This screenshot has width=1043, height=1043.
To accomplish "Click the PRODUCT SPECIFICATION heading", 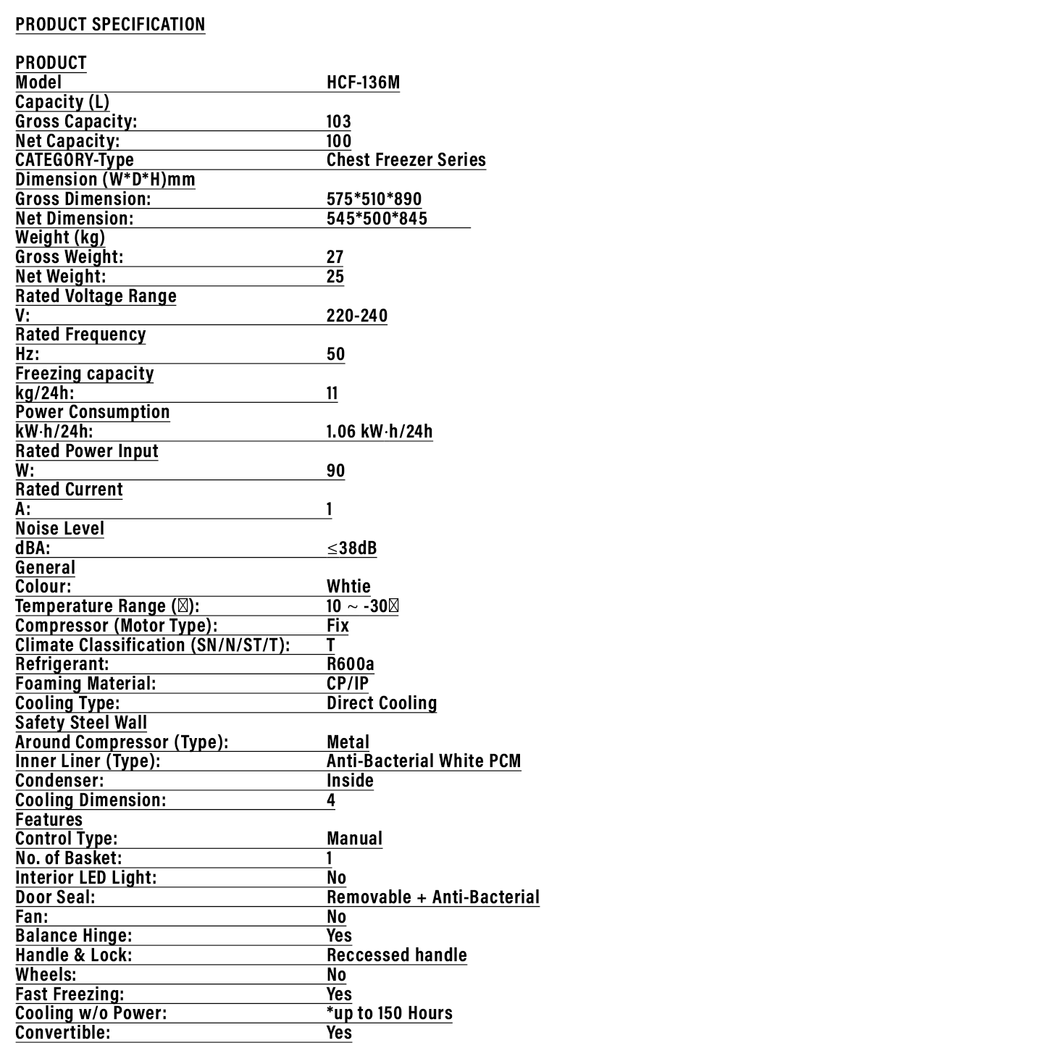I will (x=110, y=24).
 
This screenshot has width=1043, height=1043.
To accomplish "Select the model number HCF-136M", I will (x=363, y=82).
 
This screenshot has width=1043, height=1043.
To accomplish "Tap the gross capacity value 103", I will (x=338, y=121).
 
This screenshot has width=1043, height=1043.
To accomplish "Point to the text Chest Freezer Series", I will (x=406, y=159).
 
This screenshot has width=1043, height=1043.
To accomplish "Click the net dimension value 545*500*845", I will (x=377, y=218).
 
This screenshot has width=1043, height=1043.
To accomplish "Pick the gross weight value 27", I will (x=335, y=256).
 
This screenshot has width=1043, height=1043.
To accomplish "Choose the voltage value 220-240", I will (x=356, y=315).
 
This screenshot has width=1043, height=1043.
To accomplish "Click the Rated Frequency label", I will (x=80, y=334).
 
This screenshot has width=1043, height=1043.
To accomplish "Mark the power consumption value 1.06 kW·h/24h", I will (x=379, y=431).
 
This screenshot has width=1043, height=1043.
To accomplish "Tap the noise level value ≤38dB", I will (x=351, y=548).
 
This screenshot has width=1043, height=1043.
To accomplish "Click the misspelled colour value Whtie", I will (x=348, y=586).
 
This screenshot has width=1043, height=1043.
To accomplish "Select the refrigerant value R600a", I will (x=350, y=663).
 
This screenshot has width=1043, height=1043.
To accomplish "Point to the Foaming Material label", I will (x=85, y=683).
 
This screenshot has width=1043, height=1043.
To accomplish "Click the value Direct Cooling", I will (x=381, y=703).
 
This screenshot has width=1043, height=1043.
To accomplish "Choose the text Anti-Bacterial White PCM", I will (x=423, y=761).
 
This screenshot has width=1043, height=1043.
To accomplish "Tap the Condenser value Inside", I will (x=350, y=780).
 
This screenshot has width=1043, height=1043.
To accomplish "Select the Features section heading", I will (x=49, y=819).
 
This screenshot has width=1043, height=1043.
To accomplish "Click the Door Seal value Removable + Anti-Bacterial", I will (x=432, y=897).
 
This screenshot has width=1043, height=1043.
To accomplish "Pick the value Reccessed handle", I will (x=396, y=955).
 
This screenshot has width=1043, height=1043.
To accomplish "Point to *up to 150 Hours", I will (x=389, y=1013).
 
